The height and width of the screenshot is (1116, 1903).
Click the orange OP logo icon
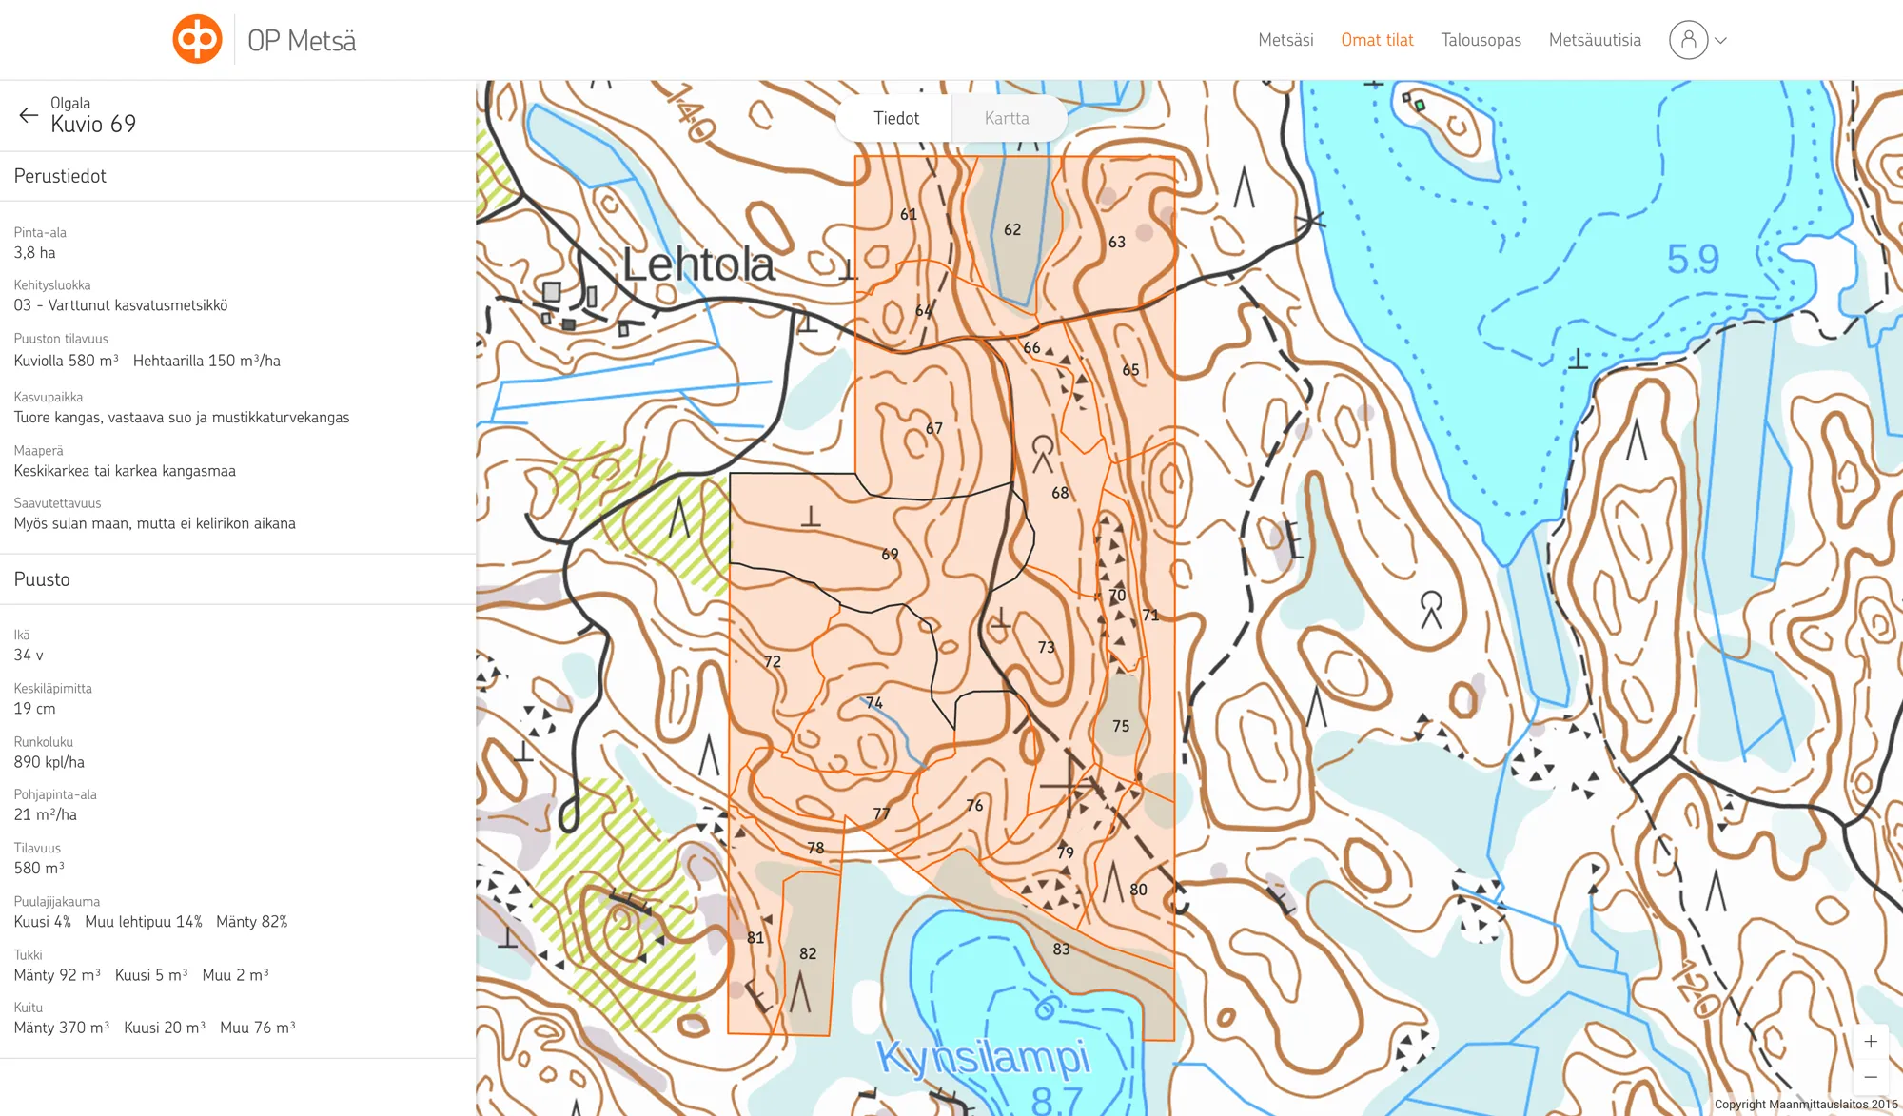pyautogui.click(x=197, y=39)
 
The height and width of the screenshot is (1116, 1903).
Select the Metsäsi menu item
pyautogui.click(x=1285, y=40)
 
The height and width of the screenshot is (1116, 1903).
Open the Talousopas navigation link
pyautogui.click(x=1481, y=40)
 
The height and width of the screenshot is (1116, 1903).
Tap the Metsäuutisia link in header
pyautogui.click(x=1595, y=40)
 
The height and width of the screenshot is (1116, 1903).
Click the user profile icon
pyautogui.click(x=1688, y=40)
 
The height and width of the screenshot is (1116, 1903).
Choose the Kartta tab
pyautogui.click(x=1007, y=118)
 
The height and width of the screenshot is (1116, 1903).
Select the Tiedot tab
pyautogui.click(x=896, y=118)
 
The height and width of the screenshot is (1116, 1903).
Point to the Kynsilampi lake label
pyautogui.click(x=982, y=1056)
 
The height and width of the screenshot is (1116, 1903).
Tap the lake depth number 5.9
pyautogui.click(x=1693, y=259)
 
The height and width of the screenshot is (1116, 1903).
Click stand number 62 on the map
pyautogui.click(x=1012, y=229)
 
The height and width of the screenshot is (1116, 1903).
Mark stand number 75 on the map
pyautogui.click(x=1121, y=726)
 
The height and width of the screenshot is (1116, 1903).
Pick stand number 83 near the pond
pyautogui.click(x=1061, y=949)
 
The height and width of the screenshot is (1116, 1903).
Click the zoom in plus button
pyautogui.click(x=1870, y=1042)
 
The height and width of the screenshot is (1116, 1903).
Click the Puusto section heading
pyautogui.click(x=42, y=579)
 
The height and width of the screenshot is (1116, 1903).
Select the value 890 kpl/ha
pyautogui.click(x=49, y=762)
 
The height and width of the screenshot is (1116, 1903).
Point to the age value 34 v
pyautogui.click(x=29, y=656)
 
